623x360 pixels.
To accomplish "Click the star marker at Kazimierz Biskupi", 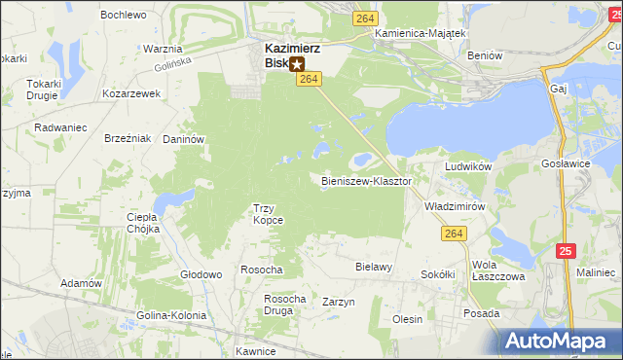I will pyautogui.click(x=297, y=64).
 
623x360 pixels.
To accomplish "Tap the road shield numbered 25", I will pyautogui.click(x=567, y=251).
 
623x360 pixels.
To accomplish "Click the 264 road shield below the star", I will pyautogui.click(x=307, y=79).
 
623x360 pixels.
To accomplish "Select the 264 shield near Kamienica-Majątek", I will pyautogui.click(x=365, y=18).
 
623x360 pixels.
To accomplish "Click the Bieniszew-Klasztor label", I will pyautogui.click(x=367, y=181).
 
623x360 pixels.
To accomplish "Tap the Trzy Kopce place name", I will pyautogui.click(x=268, y=213).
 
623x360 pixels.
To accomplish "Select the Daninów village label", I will pyautogui.click(x=182, y=139).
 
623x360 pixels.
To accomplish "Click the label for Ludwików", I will pyautogui.click(x=465, y=166).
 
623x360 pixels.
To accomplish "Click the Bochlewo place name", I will pyautogui.click(x=123, y=15).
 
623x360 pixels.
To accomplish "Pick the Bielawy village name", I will pyautogui.click(x=374, y=266).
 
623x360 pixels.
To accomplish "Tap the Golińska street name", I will pyautogui.click(x=172, y=65).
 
